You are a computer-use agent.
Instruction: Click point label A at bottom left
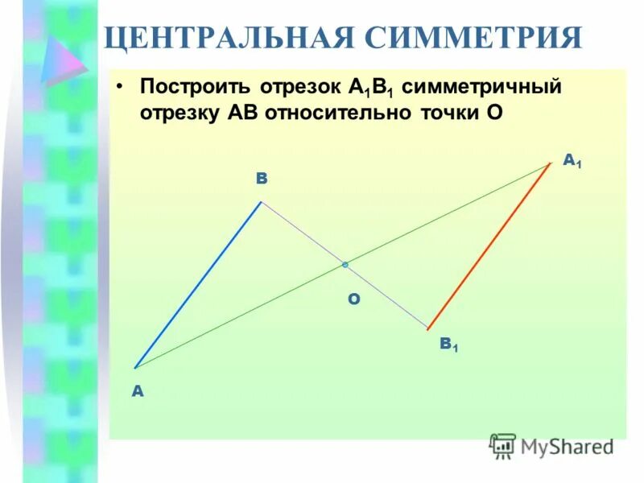point(137,391)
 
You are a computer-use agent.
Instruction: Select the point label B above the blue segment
point(262,179)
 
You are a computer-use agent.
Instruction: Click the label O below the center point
point(353,299)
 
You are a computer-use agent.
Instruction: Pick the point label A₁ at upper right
point(572,162)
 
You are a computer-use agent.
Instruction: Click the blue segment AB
point(197,285)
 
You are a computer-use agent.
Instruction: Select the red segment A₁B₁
point(489,246)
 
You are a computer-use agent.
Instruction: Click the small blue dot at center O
point(345,264)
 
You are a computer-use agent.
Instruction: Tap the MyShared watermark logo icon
point(503,445)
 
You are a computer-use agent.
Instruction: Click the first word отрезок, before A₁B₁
point(302,87)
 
